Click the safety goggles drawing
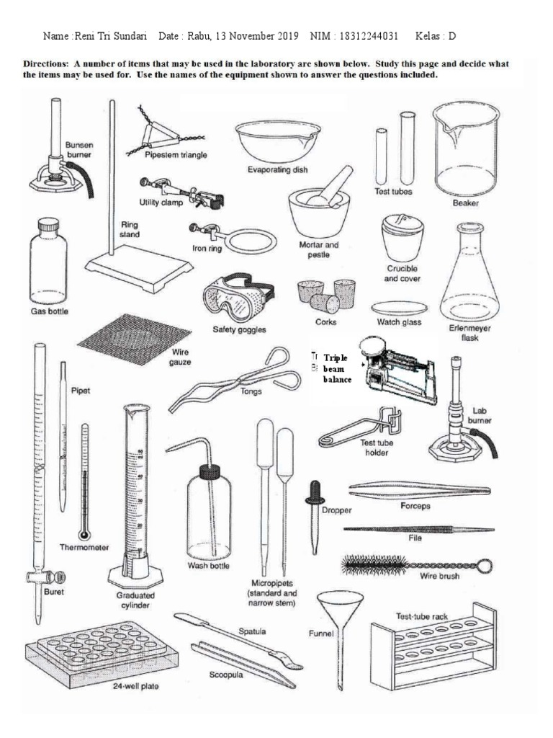point(237,298)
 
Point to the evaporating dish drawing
point(276,140)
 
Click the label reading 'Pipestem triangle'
point(176,154)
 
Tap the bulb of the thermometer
point(85,534)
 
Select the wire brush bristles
point(379,564)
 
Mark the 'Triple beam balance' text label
point(337,368)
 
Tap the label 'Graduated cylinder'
point(135,601)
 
